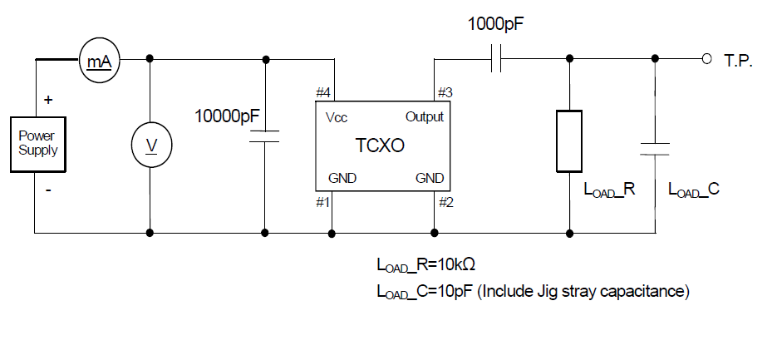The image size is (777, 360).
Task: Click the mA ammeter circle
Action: tap(100, 61)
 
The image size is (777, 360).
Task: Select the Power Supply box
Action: tap(38, 144)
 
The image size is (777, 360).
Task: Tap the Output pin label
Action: tap(424, 116)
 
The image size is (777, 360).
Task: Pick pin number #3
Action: tap(445, 91)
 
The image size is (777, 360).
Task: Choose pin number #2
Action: tap(445, 200)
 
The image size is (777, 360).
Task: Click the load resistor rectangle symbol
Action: tap(570, 141)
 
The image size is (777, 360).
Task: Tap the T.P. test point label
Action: tap(738, 61)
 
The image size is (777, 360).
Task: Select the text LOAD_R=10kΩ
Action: tap(425, 266)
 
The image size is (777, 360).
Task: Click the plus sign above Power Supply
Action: tap(47, 99)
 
